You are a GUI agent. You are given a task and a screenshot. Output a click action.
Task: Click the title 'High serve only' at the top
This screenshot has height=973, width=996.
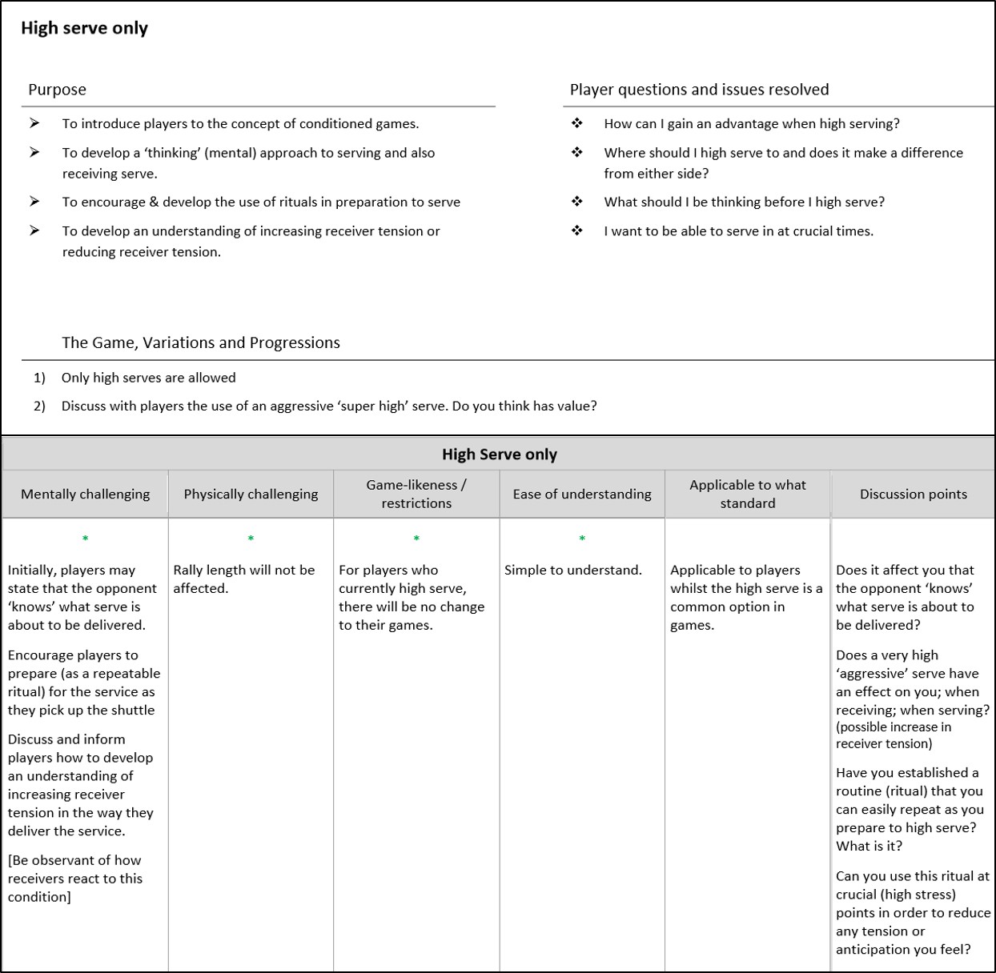[84, 28]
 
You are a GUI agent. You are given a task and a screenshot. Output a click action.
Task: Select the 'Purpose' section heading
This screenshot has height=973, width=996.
[57, 90]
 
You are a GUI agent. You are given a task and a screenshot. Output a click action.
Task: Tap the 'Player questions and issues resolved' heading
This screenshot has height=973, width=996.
[699, 90]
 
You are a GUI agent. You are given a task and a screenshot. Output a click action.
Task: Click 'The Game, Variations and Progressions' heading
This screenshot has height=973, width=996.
[201, 342]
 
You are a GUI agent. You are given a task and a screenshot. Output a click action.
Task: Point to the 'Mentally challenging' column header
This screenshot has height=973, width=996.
[86, 494]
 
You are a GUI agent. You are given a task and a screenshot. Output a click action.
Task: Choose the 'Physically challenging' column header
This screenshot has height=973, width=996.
[251, 494]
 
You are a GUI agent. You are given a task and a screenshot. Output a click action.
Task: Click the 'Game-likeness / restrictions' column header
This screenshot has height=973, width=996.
[416, 494]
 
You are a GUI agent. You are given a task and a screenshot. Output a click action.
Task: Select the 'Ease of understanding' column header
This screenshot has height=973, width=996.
[582, 494]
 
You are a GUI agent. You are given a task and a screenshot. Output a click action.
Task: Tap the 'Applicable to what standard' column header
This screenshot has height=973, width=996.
[748, 494]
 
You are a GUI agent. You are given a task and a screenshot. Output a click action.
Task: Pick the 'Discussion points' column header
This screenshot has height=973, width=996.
[914, 494]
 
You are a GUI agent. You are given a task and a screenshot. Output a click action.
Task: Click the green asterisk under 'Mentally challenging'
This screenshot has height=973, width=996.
[86, 539]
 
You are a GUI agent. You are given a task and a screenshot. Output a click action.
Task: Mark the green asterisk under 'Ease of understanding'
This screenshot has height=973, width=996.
[582, 539]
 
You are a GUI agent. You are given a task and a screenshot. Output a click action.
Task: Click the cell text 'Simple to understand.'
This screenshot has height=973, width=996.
[573, 570]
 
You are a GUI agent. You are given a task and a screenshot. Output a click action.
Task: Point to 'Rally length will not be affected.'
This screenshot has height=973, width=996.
[244, 579]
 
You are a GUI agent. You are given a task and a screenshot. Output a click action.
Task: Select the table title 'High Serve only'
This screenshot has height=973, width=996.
[500, 454]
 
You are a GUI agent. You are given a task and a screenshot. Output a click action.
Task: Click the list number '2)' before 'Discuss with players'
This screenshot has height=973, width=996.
[39, 406]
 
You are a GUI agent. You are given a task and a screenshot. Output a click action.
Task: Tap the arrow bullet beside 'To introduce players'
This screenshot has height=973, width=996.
[34, 123]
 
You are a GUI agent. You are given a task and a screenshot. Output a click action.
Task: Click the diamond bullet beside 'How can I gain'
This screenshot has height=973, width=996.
[577, 123]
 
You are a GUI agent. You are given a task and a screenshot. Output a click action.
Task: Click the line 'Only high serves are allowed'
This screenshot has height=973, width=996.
[149, 378]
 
